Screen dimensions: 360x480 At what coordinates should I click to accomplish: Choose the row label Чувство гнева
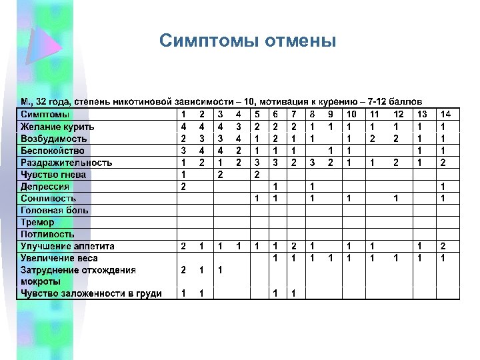[x=53, y=175]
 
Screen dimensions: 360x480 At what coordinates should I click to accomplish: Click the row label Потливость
[x=47, y=234]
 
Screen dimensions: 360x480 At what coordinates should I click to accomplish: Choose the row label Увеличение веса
[x=59, y=258]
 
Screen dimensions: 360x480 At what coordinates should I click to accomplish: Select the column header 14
[x=445, y=115]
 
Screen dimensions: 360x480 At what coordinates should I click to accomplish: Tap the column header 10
[x=349, y=115]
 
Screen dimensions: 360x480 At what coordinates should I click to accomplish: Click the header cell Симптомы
[x=47, y=115]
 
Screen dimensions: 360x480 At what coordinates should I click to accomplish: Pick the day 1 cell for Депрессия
[x=183, y=187]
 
